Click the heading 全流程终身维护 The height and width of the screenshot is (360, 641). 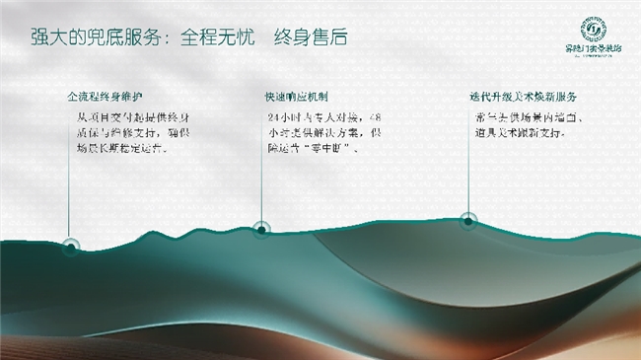[105, 99]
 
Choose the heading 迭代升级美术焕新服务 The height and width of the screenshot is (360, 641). [523, 99]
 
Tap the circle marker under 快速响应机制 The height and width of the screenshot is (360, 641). [260, 229]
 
